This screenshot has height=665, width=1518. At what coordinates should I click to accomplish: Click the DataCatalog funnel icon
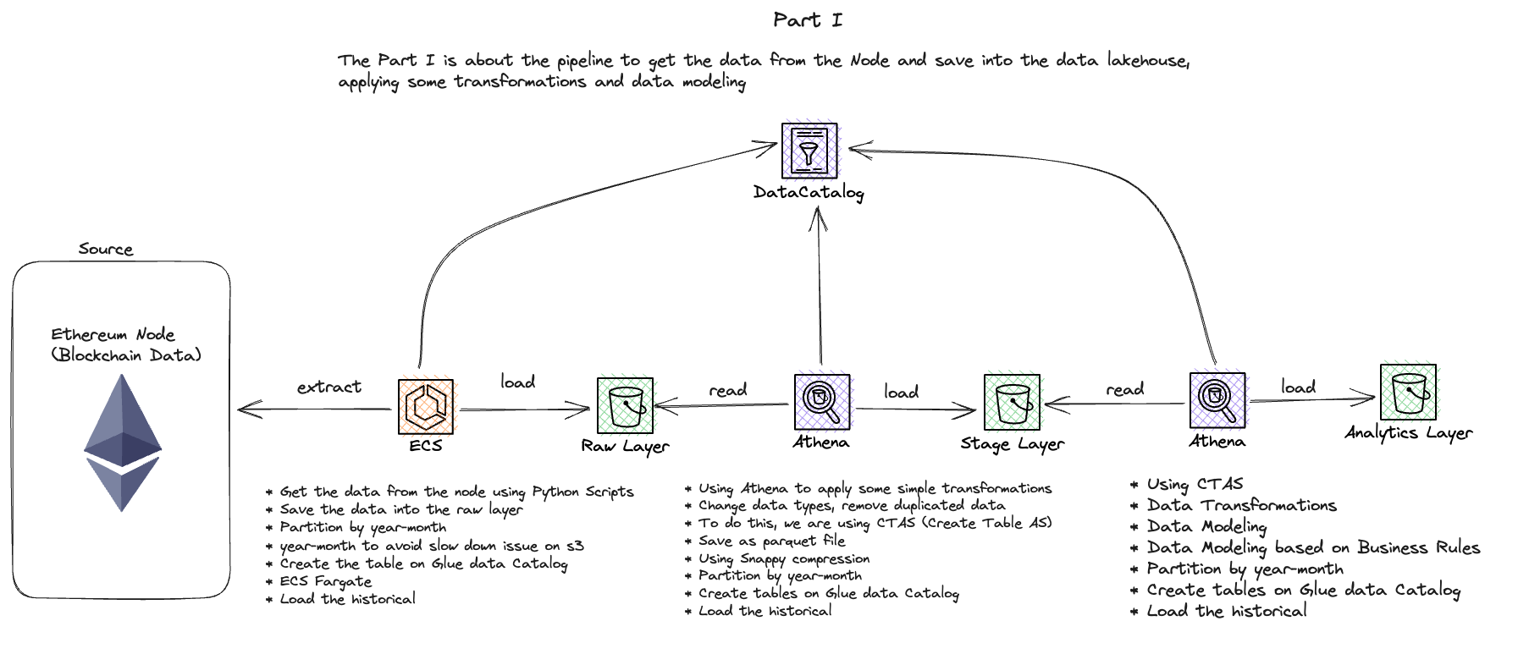pyautogui.click(x=809, y=151)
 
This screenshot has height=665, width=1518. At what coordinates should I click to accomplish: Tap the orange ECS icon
pyautogui.click(x=426, y=407)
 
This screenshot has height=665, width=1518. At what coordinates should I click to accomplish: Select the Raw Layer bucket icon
pyautogui.click(x=625, y=405)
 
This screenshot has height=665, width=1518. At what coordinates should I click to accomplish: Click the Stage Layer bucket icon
pyautogui.click(x=1012, y=403)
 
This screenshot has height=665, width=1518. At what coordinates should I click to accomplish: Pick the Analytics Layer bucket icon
pyautogui.click(x=1408, y=392)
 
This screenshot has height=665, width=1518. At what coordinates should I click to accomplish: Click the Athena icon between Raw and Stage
pyautogui.click(x=822, y=402)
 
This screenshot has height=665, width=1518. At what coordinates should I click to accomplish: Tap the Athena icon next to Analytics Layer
pyautogui.click(x=1217, y=400)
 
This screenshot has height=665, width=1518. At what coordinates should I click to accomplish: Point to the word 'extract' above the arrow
pyautogui.click(x=328, y=387)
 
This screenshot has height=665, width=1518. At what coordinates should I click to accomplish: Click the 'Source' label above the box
pyautogui.click(x=106, y=250)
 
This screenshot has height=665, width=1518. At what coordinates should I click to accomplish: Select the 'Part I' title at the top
pyautogui.click(x=808, y=20)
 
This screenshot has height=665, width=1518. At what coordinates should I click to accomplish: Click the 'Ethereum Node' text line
pyautogui.click(x=113, y=335)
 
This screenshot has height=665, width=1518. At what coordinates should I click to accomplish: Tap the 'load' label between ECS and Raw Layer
pyautogui.click(x=517, y=382)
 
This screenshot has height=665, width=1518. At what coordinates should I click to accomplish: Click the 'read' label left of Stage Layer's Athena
pyautogui.click(x=1124, y=390)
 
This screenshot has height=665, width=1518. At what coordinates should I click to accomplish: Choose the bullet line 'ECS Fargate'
pyautogui.click(x=326, y=581)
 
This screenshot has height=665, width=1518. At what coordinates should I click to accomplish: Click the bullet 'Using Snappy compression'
pyautogui.click(x=784, y=558)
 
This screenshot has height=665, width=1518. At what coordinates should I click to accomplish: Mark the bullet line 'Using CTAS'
pyautogui.click(x=1195, y=485)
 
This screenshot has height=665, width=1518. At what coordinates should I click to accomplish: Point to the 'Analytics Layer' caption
pyautogui.click(x=1408, y=433)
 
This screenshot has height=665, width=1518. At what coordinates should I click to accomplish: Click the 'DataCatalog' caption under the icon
pyautogui.click(x=809, y=193)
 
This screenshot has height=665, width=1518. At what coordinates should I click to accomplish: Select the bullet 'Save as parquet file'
pyautogui.click(x=771, y=541)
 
